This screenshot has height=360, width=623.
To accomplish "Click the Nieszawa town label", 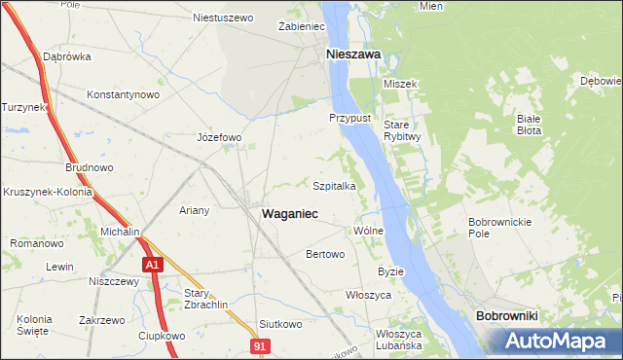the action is coord(352,55).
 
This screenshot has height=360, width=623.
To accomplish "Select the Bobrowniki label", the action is coord(506,317).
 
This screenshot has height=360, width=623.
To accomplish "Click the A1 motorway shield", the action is coord(151,264).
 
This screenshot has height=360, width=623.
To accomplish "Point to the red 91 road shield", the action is coord(258,345).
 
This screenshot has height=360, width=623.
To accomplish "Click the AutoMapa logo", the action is coord(555,341).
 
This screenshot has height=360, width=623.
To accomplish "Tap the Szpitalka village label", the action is coord(340,185).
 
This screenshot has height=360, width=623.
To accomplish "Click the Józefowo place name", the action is coord(219,137).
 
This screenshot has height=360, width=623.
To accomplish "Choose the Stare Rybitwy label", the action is coord(401,131).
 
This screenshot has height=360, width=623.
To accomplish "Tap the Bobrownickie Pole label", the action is coord(499,228).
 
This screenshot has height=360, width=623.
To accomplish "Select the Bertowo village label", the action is coord(326,255).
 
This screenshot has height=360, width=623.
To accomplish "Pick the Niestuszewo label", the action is coord(223,18).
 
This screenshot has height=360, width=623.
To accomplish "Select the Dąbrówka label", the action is coord(67,56).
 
